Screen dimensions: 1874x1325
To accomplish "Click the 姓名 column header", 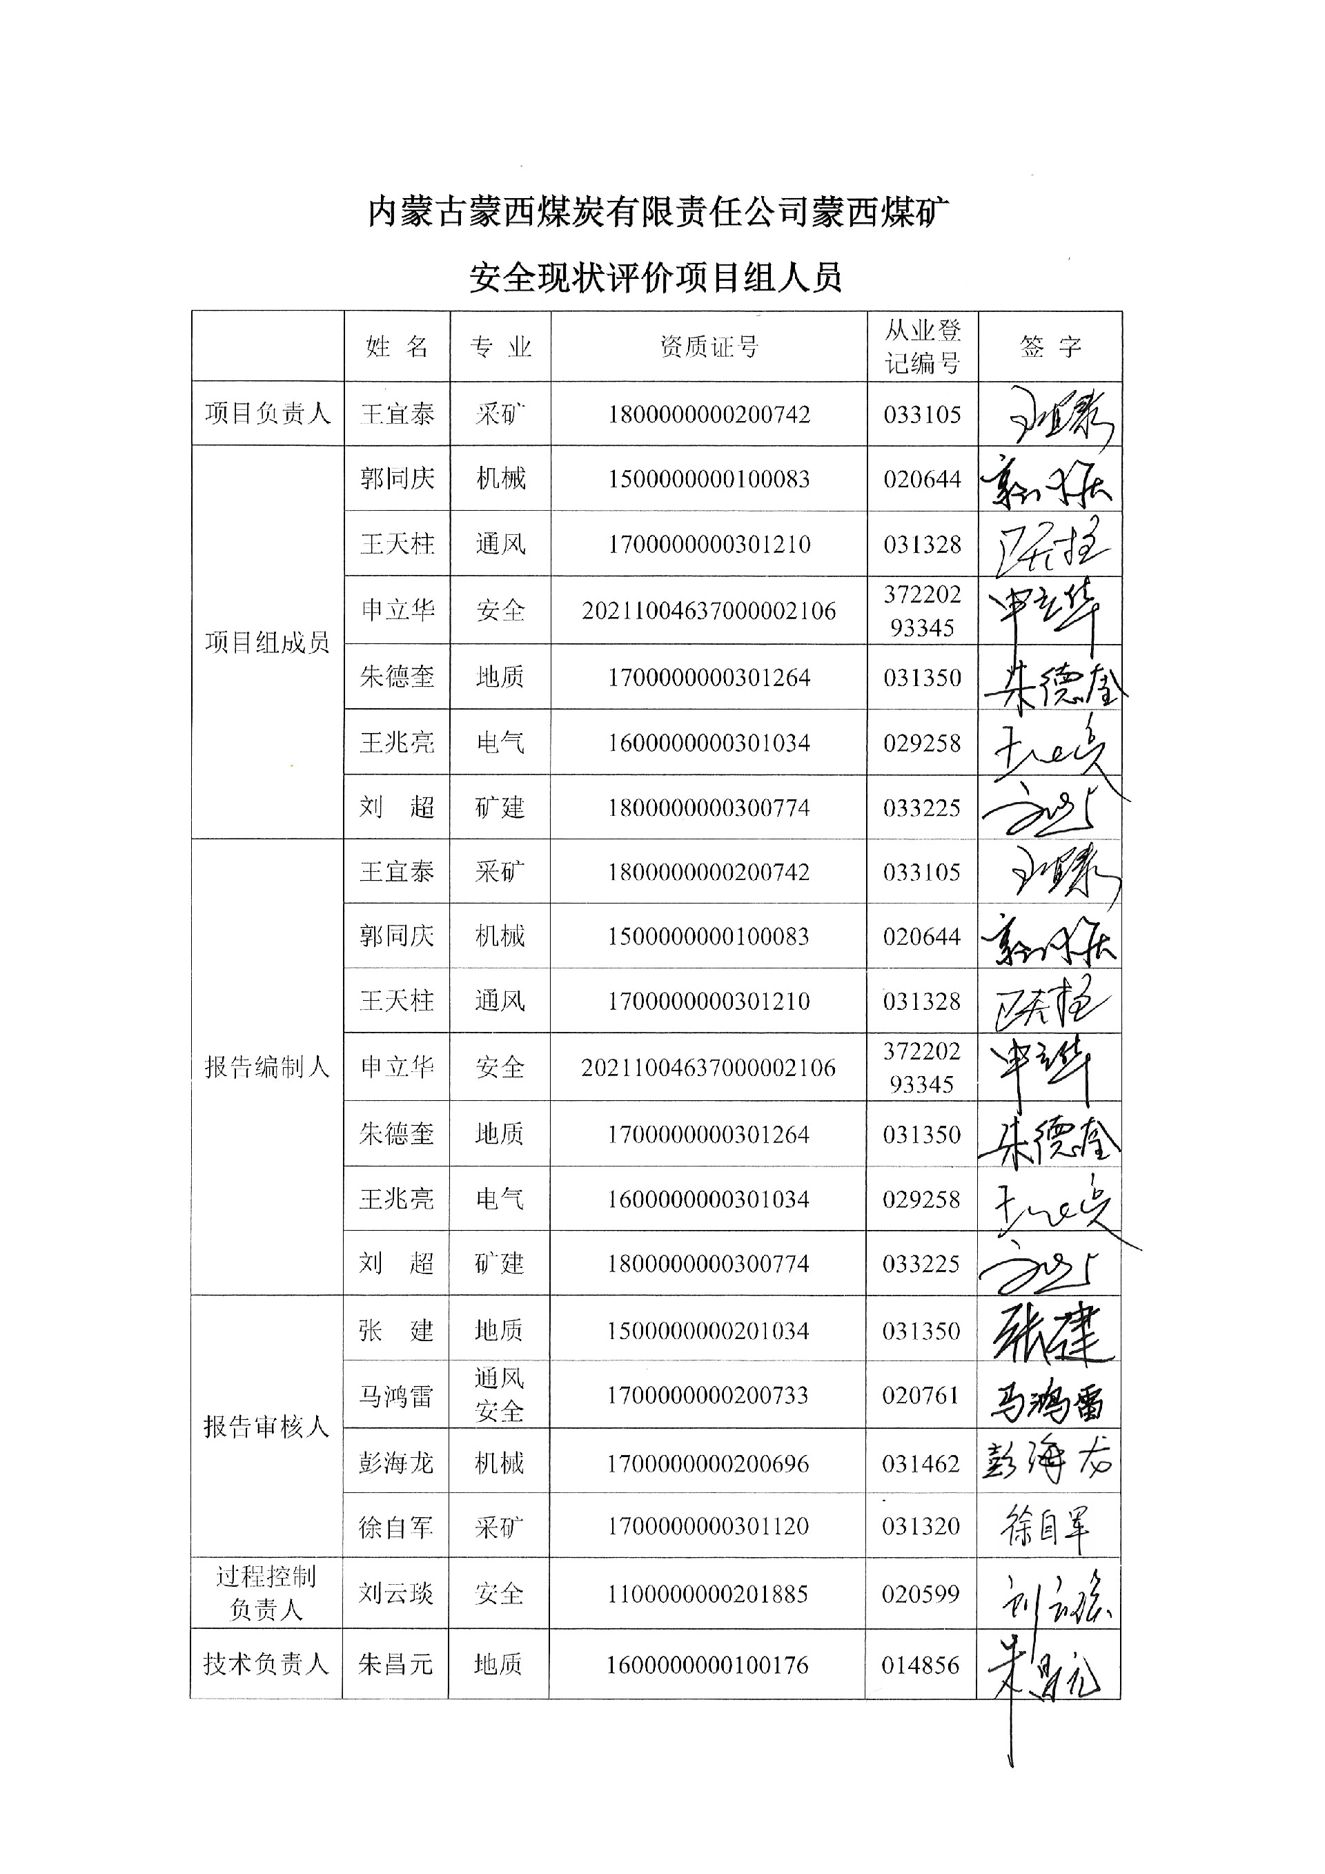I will (397, 347).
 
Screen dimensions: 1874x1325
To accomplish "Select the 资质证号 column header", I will (709, 347).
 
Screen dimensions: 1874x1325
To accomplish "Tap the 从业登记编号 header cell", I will (923, 347).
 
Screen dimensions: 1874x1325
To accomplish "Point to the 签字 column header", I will (1050, 347).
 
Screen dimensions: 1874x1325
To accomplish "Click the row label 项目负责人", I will (268, 414).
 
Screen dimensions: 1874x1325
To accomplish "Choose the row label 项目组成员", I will (268, 643).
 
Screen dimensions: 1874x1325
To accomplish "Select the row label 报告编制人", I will (267, 1067).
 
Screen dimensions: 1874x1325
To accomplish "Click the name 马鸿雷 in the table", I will (395, 1396).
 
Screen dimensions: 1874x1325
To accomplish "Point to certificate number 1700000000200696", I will (707, 1463).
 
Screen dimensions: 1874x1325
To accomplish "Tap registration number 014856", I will (921, 1664).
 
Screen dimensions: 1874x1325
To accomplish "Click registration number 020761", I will (921, 1395).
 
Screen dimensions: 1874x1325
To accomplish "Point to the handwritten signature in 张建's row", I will (1048, 1332).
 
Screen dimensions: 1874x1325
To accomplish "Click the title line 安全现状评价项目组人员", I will (655, 278).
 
